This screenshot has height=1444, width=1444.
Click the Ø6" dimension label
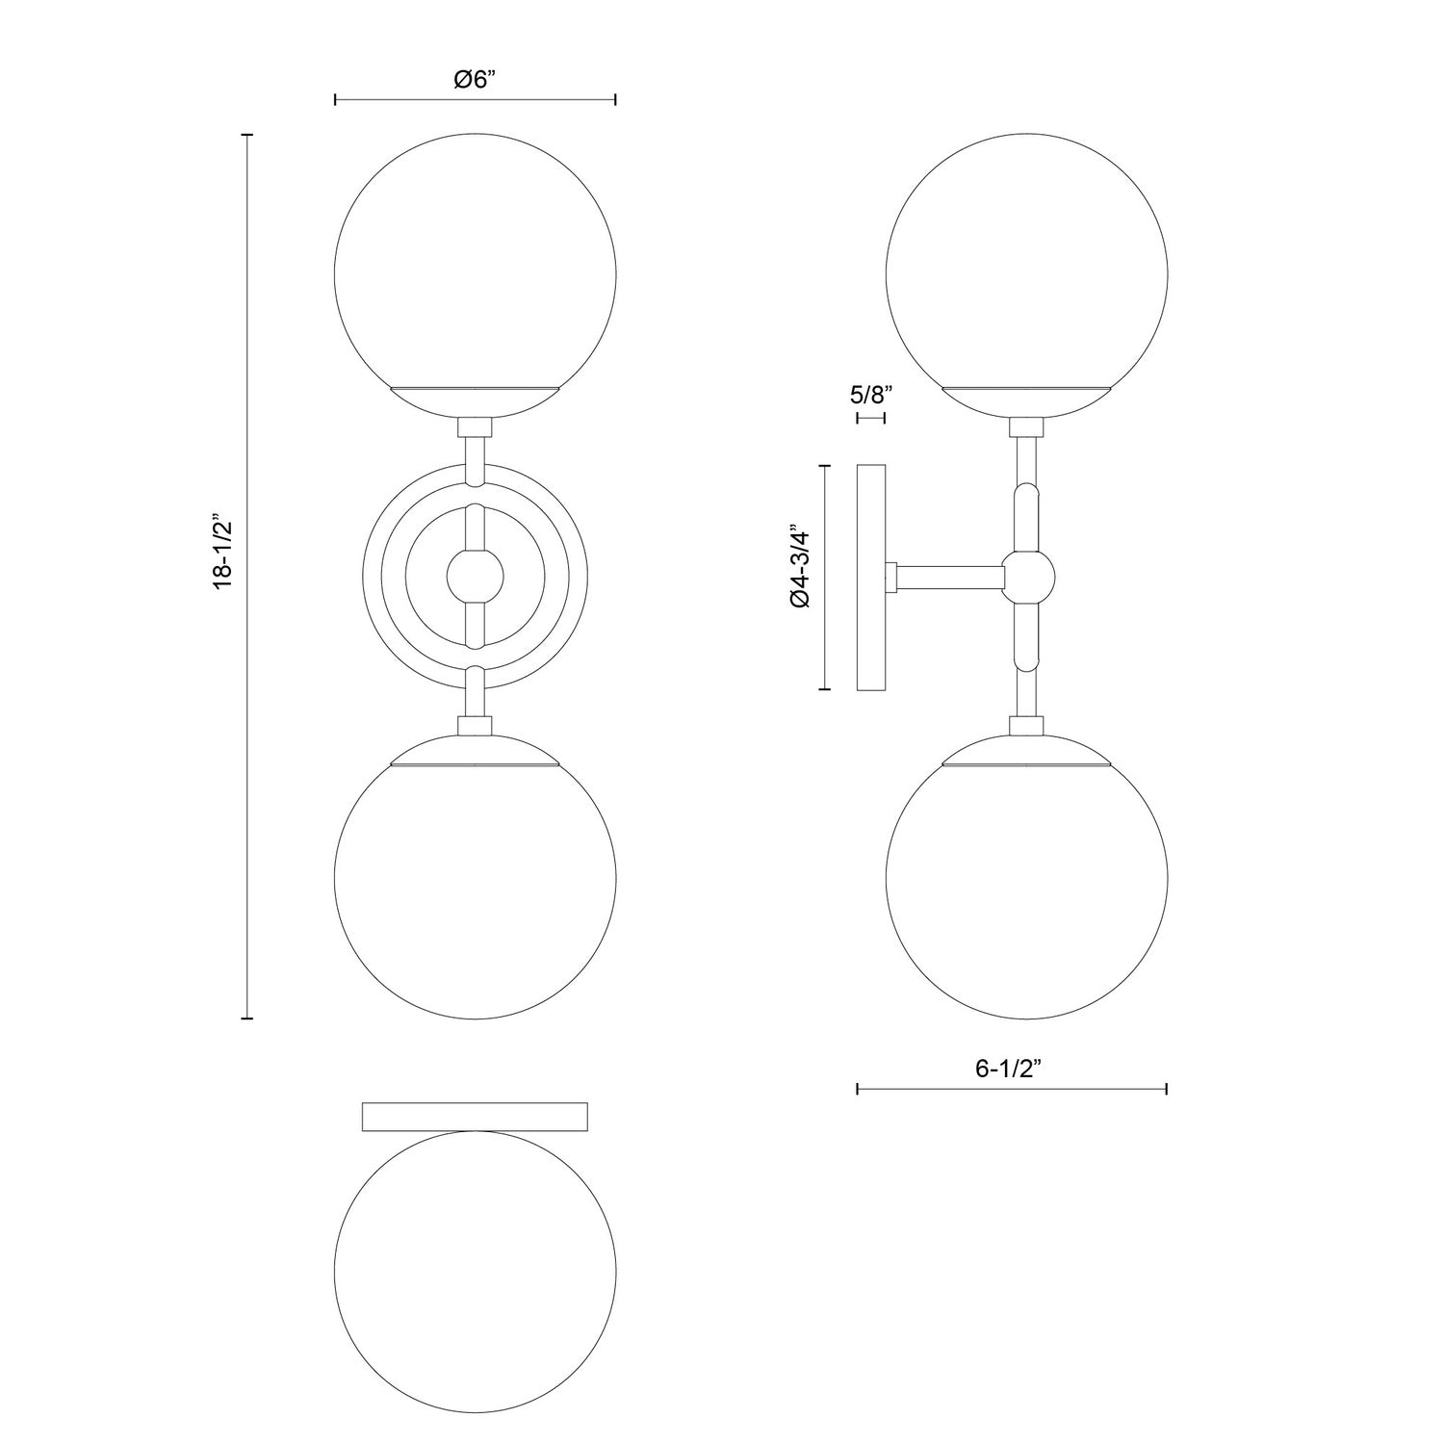pyautogui.click(x=475, y=79)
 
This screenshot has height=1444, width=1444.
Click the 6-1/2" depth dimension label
pyautogui.click(x=1012, y=1069)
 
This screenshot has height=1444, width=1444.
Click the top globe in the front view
pyautogui.click(x=475, y=270)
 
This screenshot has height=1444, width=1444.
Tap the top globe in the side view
pyautogui.click(x=1026, y=270)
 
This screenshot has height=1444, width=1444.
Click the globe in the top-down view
pyautogui.click(x=475, y=1271)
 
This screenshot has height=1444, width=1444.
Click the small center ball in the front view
pyautogui.click(x=475, y=577)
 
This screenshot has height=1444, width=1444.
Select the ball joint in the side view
pyautogui.click(x=1027, y=577)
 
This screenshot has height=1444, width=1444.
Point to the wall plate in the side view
pyautogui.click(x=871, y=577)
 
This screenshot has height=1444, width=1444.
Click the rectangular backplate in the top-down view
pyautogui.click(x=475, y=1116)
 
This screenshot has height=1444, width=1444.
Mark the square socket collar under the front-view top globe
pyautogui.click(x=475, y=427)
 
